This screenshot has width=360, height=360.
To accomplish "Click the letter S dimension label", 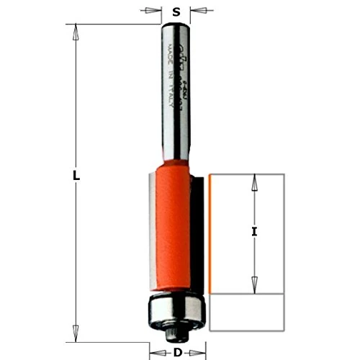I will click(x=176, y=12).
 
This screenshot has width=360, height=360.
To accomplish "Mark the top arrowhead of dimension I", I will click(x=253, y=180).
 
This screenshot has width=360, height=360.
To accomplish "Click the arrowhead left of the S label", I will click(x=153, y=11).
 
